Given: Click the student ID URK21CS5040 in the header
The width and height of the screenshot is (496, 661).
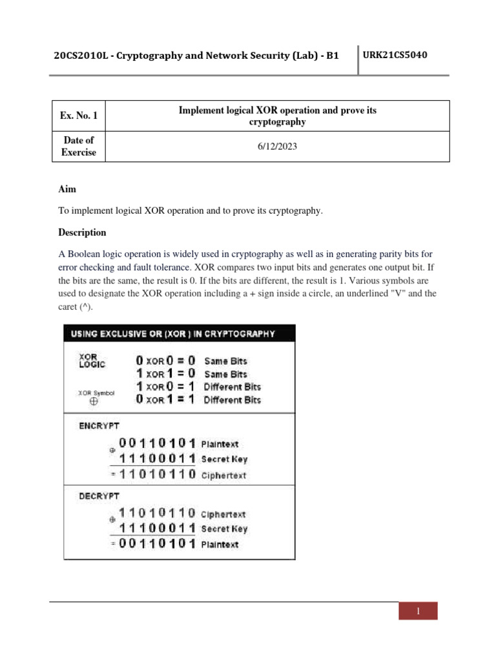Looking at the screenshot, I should click(x=395, y=55).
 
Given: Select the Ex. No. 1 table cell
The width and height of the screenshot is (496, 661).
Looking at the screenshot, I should click(x=78, y=116).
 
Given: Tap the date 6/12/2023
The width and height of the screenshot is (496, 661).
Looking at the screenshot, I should click(x=276, y=147).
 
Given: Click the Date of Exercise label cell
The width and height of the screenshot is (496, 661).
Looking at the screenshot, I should click(x=78, y=147).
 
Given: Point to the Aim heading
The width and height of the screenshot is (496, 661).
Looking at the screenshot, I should click(x=67, y=189).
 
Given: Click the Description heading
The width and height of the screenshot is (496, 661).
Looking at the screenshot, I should click(x=82, y=232).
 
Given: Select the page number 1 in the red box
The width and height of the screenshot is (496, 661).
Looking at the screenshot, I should click(x=418, y=611).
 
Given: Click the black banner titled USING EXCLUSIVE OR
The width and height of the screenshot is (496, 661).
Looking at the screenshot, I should click(x=179, y=334).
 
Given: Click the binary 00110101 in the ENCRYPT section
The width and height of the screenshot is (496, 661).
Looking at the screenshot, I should click(x=158, y=444).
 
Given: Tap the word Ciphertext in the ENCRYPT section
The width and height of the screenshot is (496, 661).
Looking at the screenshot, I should click(x=223, y=476).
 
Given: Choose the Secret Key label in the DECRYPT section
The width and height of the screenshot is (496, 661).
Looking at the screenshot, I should click(x=223, y=529).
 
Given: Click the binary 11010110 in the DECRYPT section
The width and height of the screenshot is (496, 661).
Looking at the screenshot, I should click(x=158, y=514).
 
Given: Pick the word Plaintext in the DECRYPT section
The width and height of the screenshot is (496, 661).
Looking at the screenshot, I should click(x=220, y=545).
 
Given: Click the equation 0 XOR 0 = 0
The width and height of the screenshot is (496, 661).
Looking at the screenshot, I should click(x=165, y=361).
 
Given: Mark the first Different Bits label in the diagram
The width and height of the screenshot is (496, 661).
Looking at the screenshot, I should click(x=232, y=387).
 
